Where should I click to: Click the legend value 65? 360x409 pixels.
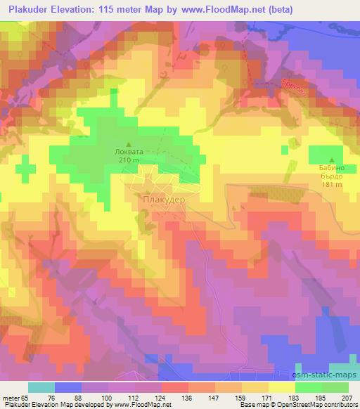pos(25,397)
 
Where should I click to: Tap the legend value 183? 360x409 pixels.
pos(293,397)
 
